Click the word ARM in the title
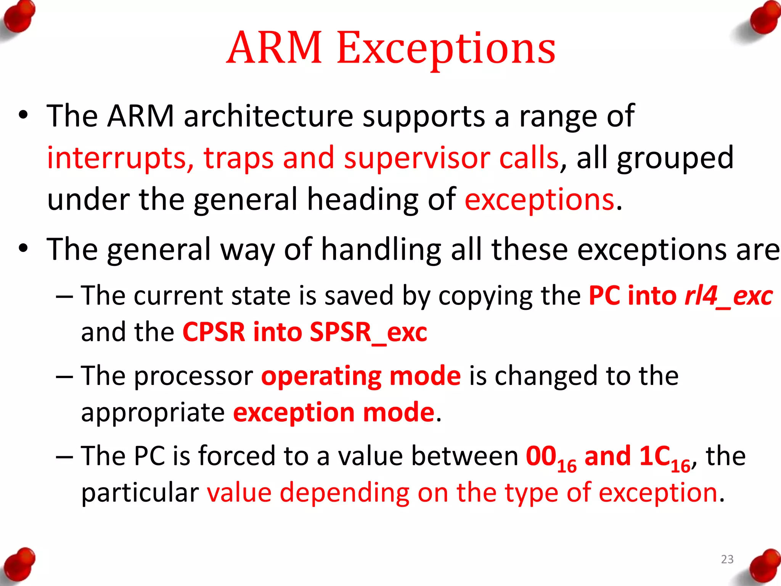coord(274,48)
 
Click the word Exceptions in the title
coord(446,49)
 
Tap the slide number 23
coord(727,559)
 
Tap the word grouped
coord(675,158)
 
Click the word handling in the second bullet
coord(381,250)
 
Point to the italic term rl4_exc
coord(728,296)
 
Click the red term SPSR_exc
coord(368,332)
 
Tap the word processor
coord(193,376)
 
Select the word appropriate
coord(153,413)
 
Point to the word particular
coord(140,493)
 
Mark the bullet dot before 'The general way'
coord(24,249)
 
